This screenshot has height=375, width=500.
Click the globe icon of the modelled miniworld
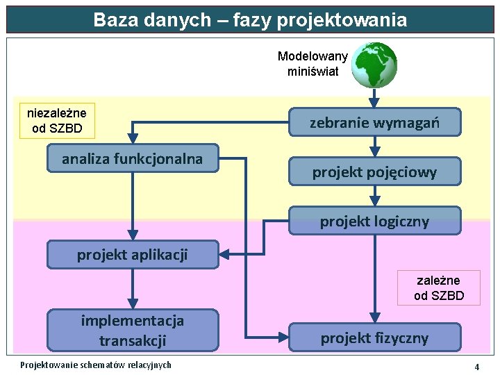click(374, 65)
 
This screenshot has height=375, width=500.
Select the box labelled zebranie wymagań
click(374, 122)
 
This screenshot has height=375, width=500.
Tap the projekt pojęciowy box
click(374, 172)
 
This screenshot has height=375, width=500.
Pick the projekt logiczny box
click(374, 221)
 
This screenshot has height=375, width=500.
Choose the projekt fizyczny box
click(374, 337)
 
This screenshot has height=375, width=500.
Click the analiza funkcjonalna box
click(132, 158)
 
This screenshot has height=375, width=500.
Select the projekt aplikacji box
click(132, 254)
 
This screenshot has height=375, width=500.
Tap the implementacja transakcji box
click(132, 330)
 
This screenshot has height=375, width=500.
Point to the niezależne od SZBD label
click(57, 120)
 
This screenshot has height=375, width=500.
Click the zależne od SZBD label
click(438, 287)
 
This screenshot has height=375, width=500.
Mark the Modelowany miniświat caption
click(312, 63)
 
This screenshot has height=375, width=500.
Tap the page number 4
click(477, 366)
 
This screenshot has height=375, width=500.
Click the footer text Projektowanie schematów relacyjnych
click(96, 365)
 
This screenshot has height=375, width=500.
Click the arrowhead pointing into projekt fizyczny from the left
click(283, 337)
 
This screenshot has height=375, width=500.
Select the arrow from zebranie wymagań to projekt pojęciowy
click(374, 147)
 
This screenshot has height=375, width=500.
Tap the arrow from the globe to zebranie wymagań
click(374, 98)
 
